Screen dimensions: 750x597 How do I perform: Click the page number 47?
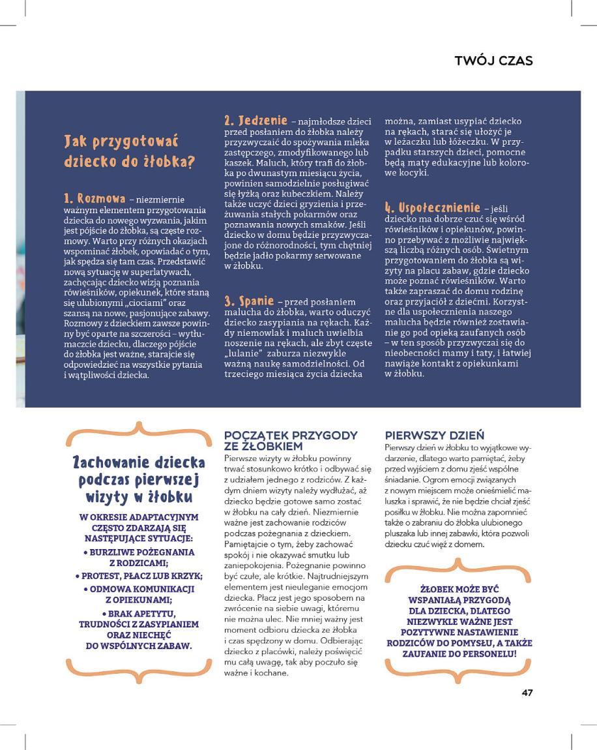pos(527,693)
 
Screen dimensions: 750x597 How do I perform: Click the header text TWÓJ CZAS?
pos(493,61)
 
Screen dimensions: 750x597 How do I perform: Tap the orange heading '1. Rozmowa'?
pos(95,198)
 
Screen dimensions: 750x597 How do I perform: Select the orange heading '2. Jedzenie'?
pos(255,121)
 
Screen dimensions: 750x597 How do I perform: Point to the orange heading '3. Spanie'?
pos(249,301)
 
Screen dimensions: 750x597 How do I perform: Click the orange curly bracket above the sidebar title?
pos(138,430)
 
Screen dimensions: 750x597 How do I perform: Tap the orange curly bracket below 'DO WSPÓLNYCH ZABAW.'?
pos(138,667)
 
